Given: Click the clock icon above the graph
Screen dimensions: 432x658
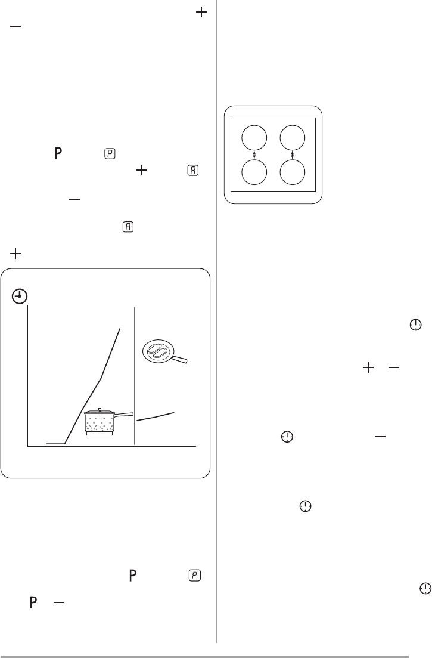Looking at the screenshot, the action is tap(20, 296).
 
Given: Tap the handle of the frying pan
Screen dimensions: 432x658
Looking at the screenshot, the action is tap(179, 359).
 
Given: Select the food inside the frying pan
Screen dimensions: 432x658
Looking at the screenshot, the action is tap(158, 350).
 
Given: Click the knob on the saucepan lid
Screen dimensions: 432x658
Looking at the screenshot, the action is tap(100, 409).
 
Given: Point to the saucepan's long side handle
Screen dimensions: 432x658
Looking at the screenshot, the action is tap(124, 415).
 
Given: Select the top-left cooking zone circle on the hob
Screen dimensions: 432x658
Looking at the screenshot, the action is tap(254, 138).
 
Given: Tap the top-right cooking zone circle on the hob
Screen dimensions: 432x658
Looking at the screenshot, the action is tap(292, 138).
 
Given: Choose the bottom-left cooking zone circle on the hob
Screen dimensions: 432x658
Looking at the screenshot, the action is tap(254, 172).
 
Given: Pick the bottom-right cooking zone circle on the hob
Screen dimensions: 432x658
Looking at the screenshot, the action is tap(292, 172).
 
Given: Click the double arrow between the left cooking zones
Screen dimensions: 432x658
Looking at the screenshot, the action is tap(254, 155).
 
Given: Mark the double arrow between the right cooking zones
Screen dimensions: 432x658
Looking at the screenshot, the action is tap(292, 155).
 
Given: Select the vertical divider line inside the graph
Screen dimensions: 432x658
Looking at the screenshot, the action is tap(135, 376).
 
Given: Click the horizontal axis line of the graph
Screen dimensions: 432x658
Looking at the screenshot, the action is tap(112, 446).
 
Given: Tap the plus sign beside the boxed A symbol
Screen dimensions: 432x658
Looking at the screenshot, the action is tap(142, 170).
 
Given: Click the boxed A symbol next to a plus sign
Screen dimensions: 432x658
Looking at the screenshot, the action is tap(193, 171).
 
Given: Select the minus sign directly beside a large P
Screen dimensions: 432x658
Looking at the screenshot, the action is tap(59, 602).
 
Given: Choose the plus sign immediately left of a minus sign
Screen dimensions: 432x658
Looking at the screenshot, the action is tap(368, 368).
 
